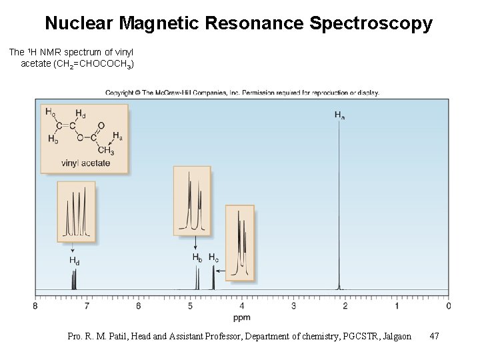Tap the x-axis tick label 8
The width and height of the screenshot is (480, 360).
tap(35, 306)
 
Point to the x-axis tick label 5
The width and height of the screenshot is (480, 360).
tap(190, 306)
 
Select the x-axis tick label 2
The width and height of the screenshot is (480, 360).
tap(345, 306)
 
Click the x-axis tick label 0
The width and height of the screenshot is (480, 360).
tap(448, 306)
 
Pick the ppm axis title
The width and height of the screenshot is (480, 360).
tap(242, 317)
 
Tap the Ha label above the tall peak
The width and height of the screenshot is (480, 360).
tap(339, 115)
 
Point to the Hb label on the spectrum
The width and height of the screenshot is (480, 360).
tap(197, 257)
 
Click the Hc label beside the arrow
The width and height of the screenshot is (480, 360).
tap(213, 257)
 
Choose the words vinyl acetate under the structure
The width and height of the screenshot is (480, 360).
tap(85, 163)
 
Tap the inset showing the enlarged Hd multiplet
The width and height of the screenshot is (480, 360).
tap(75, 212)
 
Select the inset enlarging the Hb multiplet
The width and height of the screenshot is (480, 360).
tap(191, 200)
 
